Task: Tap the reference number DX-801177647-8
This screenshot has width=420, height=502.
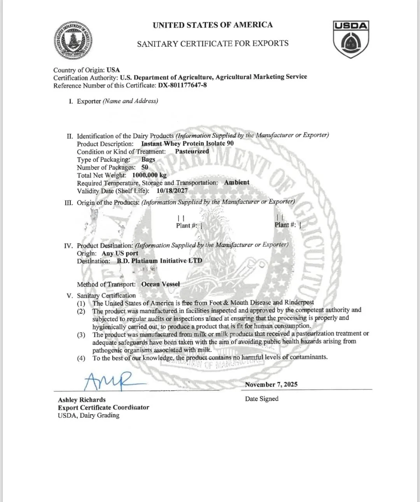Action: pyautogui.click(x=182, y=85)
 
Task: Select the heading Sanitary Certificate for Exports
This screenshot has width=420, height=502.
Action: pyautogui.click(x=213, y=43)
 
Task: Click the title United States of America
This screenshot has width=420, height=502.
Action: pyautogui.click(x=213, y=25)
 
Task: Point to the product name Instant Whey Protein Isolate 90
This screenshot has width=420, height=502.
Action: pyautogui.click(x=187, y=143)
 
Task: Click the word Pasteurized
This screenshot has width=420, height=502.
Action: pyautogui.click(x=192, y=151)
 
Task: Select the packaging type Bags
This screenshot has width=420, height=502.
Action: pyautogui.click(x=148, y=159)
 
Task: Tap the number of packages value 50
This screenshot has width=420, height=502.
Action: pyautogui.click(x=145, y=167)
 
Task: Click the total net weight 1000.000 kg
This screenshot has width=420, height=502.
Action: pyautogui.click(x=147, y=175)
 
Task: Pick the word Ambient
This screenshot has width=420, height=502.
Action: pyautogui.click(x=236, y=182)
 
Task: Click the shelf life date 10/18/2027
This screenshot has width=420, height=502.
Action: pyautogui.click(x=172, y=191)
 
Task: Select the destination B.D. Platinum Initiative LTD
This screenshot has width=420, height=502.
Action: pyautogui.click(x=159, y=261)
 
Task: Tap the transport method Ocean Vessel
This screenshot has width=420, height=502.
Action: pyautogui.click(x=161, y=284)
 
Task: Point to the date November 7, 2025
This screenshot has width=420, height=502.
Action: pyautogui.click(x=271, y=384)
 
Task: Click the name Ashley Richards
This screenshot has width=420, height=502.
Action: pyautogui.click(x=82, y=400)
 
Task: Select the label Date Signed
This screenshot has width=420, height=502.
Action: pyautogui.click(x=262, y=399)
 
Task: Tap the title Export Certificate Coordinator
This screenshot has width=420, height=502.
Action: pyautogui.click(x=103, y=408)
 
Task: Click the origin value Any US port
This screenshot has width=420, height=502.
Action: pyautogui.click(x=120, y=253)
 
